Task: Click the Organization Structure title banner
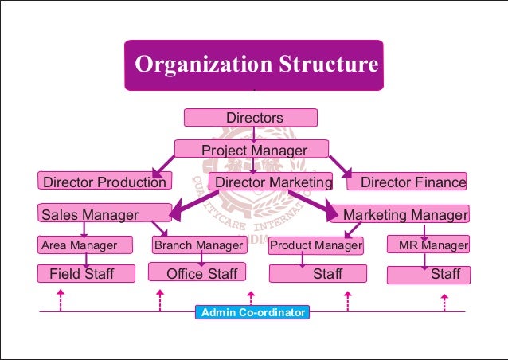253,65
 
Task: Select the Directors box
251,118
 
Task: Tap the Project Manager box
252,150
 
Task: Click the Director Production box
104,182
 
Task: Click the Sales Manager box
104,213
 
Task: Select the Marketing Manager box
403,214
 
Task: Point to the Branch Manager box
198,245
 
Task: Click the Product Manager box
315,245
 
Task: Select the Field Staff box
81,274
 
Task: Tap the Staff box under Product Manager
318,274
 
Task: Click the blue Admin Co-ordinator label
252,313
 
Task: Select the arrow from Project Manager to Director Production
163,166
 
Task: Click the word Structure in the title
322,65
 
